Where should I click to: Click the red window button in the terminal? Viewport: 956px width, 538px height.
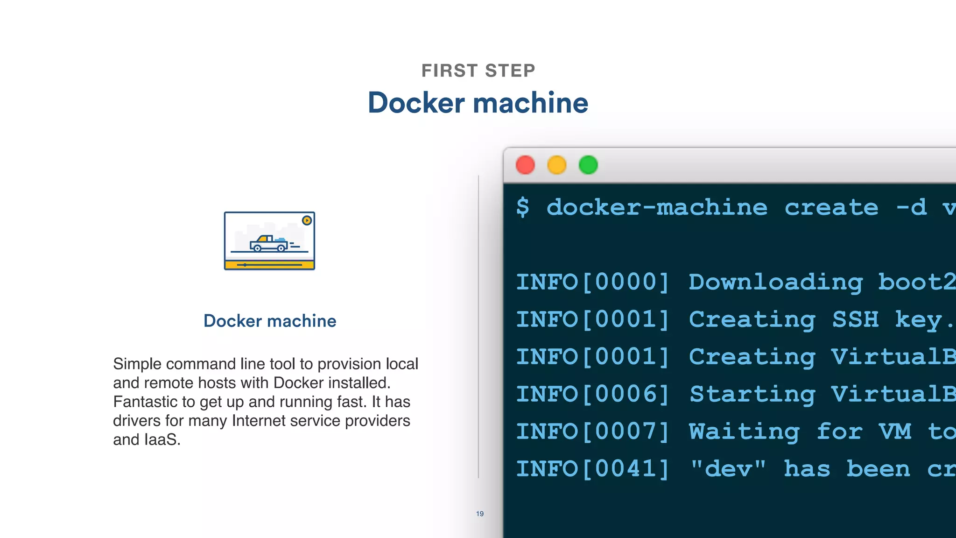[525, 165]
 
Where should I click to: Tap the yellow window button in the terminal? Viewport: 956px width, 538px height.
[556, 165]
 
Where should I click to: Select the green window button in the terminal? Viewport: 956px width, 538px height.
[588, 165]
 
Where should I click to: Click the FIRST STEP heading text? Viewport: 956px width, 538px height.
[478, 71]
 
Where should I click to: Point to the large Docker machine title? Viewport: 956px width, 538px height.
[478, 103]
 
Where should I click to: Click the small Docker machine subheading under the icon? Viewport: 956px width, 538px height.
[270, 321]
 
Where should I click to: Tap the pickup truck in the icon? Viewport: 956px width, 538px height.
[268, 243]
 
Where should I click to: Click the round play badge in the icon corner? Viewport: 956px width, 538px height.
[307, 220]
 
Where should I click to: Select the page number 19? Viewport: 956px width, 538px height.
[480, 514]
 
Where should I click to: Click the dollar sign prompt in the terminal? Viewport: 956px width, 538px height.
[523, 207]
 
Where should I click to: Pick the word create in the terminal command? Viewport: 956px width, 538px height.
[831, 207]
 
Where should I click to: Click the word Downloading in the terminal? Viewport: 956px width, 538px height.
[775, 282]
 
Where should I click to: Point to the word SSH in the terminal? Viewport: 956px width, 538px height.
[855, 319]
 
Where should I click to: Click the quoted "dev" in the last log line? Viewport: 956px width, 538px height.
[728, 468]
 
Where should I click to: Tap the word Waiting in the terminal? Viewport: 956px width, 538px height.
[744, 432]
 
